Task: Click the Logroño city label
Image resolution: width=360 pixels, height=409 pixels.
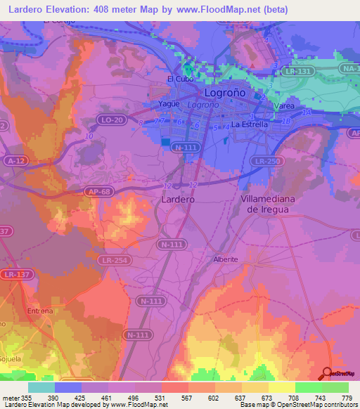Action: click(x=224, y=92)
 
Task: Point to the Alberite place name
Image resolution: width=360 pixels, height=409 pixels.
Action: click(x=226, y=259)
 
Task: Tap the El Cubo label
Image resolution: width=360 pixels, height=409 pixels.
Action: click(x=176, y=79)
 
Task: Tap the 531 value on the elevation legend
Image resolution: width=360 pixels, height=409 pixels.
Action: click(x=161, y=398)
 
